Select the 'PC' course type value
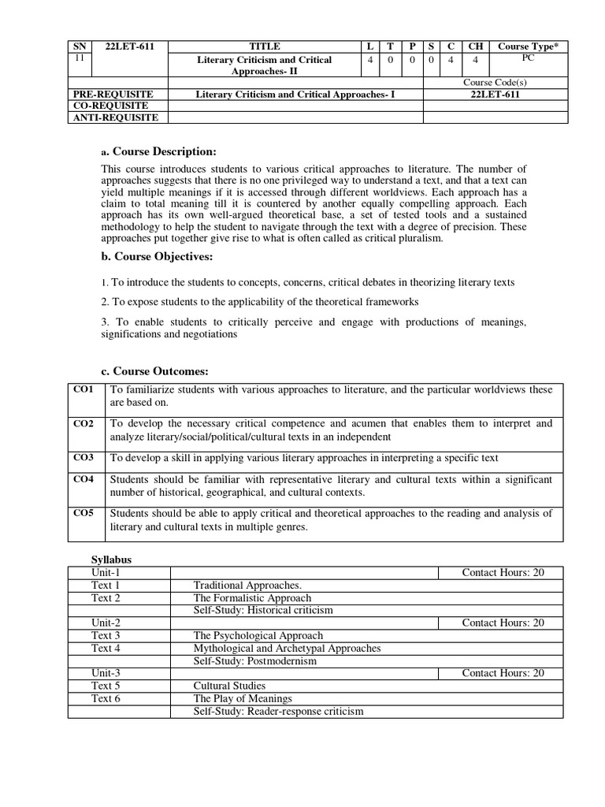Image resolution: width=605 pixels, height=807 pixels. (527, 58)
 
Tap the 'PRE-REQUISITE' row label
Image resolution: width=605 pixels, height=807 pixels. (106, 95)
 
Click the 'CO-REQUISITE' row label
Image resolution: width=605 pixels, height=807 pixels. (103, 106)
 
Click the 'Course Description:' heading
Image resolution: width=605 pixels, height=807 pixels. (164, 151)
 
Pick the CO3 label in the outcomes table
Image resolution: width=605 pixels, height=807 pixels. (84, 457)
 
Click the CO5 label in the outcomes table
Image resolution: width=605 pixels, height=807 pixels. (84, 513)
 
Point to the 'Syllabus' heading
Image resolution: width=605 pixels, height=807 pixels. (109, 559)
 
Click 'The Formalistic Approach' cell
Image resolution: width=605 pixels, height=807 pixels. (252, 597)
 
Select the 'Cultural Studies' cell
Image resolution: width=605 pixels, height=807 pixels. (229, 686)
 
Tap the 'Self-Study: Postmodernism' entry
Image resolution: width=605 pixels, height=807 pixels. (254, 660)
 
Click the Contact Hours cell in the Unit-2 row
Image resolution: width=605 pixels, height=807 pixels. (503, 623)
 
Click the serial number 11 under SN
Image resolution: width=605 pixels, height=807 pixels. (76, 58)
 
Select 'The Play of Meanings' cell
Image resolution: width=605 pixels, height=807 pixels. (243, 698)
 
